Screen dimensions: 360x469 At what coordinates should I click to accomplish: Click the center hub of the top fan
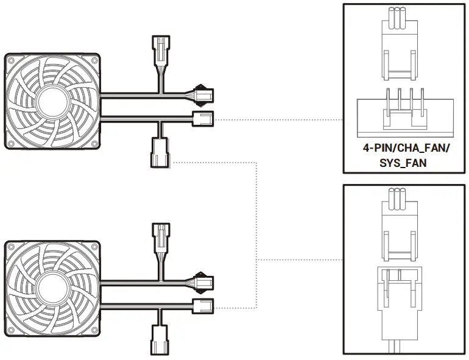[x=52, y=101]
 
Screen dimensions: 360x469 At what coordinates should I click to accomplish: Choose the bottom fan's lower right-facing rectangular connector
[x=203, y=305]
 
